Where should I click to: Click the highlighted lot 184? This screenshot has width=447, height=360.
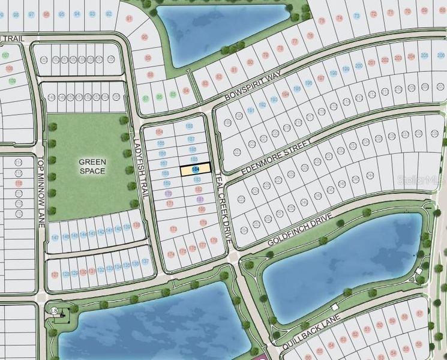[x=196, y=170]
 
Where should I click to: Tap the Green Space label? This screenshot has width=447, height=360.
[x=92, y=166]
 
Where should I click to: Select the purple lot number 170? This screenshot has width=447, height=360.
[x=169, y=194]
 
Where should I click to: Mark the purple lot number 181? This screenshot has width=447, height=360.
[x=200, y=199]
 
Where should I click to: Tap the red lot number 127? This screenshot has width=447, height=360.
[x=55, y=275]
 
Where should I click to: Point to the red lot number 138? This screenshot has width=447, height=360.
[x=137, y=225]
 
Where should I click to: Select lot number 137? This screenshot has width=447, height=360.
[x=146, y=262]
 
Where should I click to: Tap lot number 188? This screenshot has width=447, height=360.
[x=189, y=127]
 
